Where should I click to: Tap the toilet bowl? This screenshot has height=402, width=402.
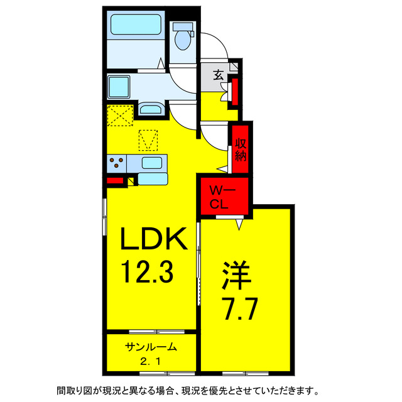[183, 38]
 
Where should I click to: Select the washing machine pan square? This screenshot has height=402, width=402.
[119, 85]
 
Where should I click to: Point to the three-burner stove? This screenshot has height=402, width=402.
[117, 164]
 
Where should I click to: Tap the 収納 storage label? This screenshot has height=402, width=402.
[241, 149]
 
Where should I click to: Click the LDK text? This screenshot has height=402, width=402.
[153, 240]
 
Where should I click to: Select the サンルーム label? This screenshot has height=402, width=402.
[150, 347]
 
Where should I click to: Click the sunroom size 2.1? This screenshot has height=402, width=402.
[150, 362]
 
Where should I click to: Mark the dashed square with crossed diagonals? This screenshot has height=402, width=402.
[119, 116]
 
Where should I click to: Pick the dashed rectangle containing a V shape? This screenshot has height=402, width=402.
[148, 140]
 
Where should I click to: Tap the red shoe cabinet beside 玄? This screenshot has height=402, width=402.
[235, 92]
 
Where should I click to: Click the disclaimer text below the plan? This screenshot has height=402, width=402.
[201, 389]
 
